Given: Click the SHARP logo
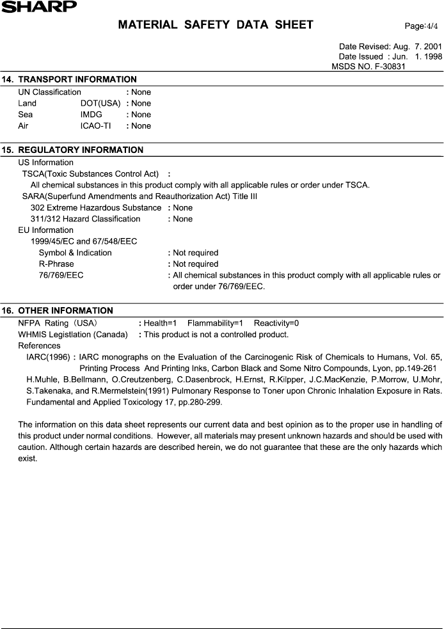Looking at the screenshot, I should coord(38,6).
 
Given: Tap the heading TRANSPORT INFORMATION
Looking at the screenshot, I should coord(77,79).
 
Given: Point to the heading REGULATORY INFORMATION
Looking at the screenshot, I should coord(81,150).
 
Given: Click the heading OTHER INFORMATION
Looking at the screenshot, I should coord(65,310).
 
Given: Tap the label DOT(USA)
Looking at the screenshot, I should coord(100,103).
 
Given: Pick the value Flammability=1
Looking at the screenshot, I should coord(215,323).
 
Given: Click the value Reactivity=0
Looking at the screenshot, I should coord(276,323).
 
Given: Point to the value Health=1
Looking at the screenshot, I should coord(161,323).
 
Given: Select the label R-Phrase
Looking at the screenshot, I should coord(56,264).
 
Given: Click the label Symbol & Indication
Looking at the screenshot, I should coord(75,253).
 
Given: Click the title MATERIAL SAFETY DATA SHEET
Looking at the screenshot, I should coord(216,25).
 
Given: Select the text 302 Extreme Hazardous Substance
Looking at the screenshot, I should coord(96,207).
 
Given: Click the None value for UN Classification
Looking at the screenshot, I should coord(141,92).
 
